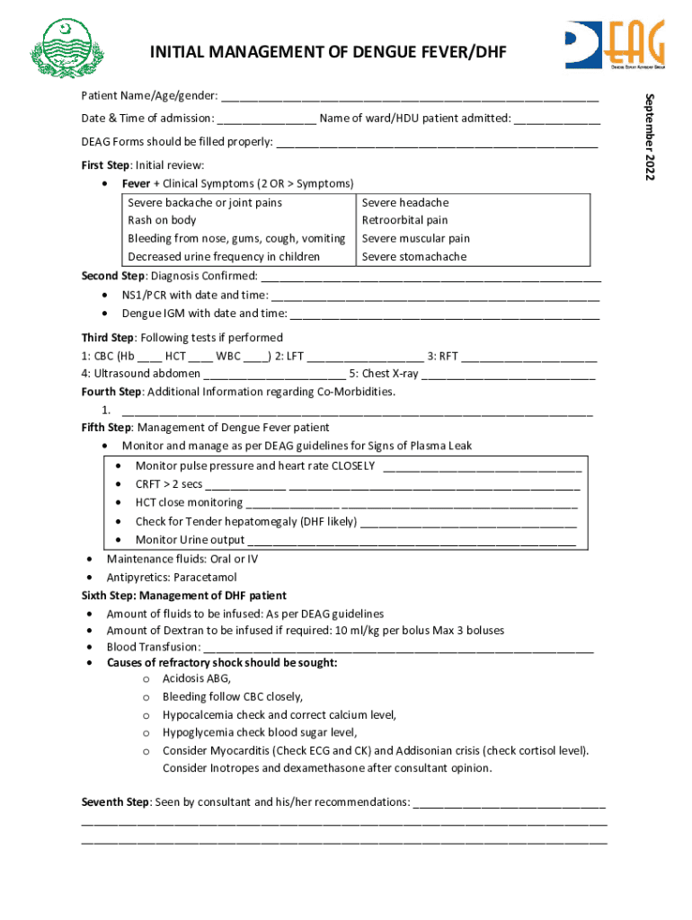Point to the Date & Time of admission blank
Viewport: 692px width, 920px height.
[x=265, y=119]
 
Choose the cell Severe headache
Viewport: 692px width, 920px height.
[x=404, y=203]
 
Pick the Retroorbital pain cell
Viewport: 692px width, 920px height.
[x=404, y=220]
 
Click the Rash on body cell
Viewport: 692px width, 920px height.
[x=162, y=220]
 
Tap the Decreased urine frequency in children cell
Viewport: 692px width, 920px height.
[x=224, y=257]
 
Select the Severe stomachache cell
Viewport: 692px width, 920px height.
[x=414, y=257]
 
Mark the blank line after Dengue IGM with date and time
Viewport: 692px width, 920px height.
[x=445, y=314]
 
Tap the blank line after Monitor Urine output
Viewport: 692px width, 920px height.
[x=411, y=541]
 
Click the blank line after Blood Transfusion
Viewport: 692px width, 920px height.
[x=398, y=648]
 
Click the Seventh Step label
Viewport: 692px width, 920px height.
[x=115, y=801]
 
